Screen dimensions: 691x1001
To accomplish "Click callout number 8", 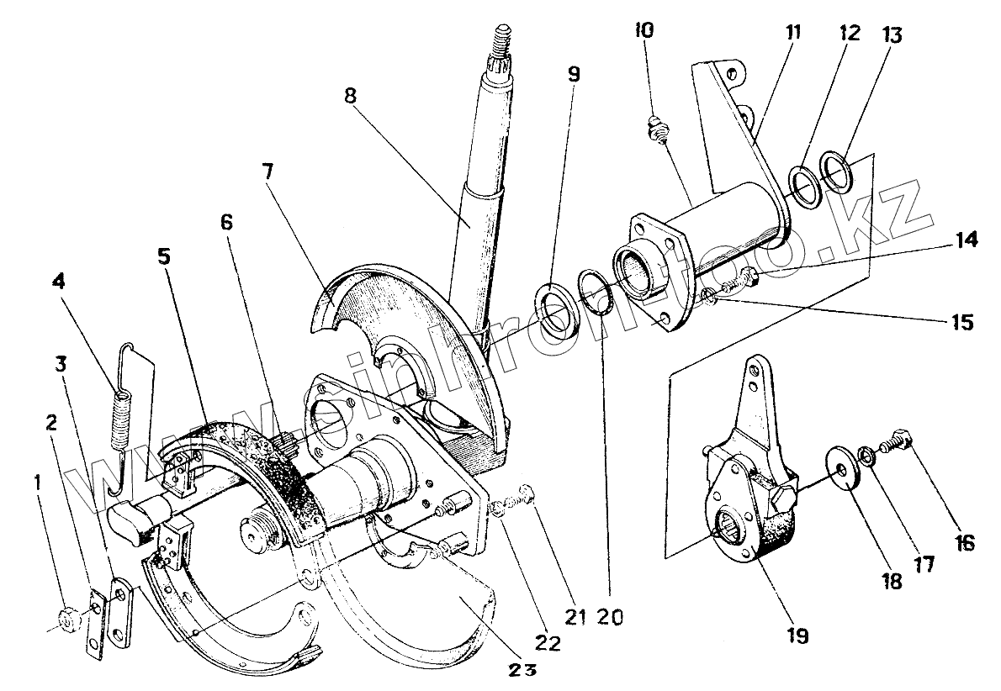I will point(350,94).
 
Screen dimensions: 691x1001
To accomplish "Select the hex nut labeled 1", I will point(66,620).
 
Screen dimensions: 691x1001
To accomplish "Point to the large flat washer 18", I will point(843,464).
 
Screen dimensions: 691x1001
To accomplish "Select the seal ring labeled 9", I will point(555,309).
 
